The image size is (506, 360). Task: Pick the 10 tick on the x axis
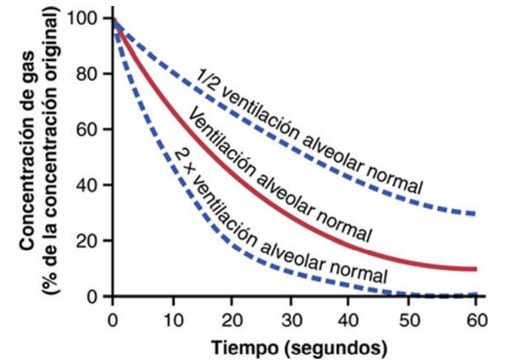tap(173, 322)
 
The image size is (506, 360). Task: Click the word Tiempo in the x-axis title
tap(240, 347)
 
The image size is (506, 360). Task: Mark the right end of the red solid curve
tap(475, 269)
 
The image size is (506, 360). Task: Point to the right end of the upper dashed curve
tap(475, 213)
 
